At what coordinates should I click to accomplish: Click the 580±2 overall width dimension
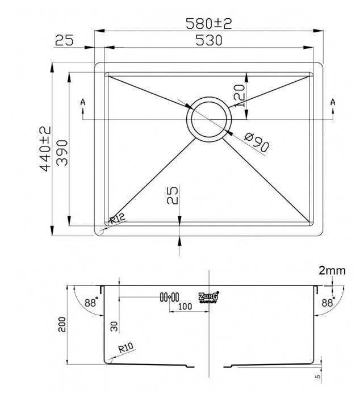210,23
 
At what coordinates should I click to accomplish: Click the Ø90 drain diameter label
257,141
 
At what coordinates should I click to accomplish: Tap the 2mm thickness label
332,270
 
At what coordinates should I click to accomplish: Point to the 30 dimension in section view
114,326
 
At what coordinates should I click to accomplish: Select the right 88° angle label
328,303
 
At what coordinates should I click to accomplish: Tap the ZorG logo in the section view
208,297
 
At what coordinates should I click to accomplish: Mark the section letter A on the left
83,102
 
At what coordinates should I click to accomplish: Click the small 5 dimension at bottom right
318,375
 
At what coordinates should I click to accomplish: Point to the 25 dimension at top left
66,40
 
